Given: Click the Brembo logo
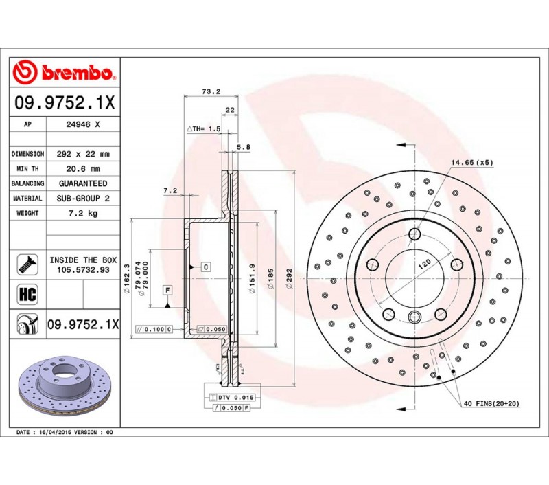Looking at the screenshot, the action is pos(64,72).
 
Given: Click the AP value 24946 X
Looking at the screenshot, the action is pos(83,124).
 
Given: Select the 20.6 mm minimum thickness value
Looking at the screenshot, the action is pos(83,169).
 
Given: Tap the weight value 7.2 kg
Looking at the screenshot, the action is pos(83,213).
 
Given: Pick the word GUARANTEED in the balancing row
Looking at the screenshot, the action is pos(83,183).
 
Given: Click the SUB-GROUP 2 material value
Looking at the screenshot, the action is pos(83,199).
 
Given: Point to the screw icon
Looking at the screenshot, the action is pos(27,264).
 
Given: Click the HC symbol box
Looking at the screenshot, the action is pos(27,294).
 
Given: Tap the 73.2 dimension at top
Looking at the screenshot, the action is pos(211,91).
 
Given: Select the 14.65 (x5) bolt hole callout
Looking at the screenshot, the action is pos(471,163).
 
